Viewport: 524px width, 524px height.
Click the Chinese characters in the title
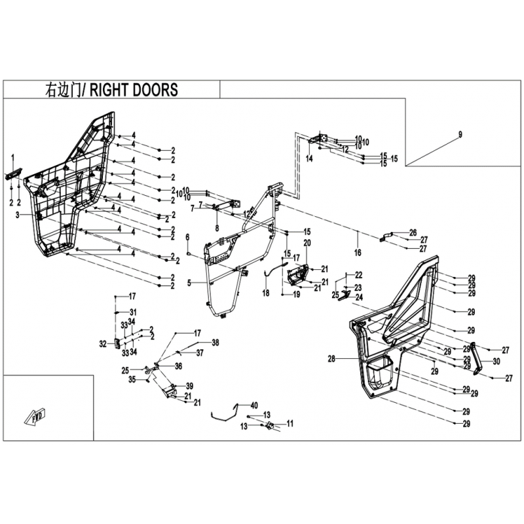(62, 90)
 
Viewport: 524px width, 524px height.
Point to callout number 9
(460, 134)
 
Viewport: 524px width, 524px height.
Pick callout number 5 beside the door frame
(189, 283)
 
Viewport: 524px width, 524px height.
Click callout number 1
(12, 155)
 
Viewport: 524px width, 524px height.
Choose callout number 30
(495, 361)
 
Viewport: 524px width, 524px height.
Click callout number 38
(215, 342)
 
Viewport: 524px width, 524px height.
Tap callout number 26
(413, 233)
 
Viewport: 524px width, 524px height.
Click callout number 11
(290, 424)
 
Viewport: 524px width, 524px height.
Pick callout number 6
(187, 236)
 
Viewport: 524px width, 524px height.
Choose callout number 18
(266, 294)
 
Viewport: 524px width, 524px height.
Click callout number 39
(189, 385)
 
